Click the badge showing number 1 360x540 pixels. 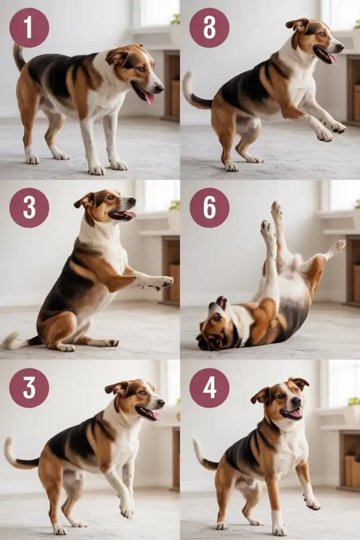point(29,28)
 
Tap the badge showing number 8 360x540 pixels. point(209,28)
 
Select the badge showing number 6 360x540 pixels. point(209,208)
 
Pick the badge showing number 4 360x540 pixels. point(209,388)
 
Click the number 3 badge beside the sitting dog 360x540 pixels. point(29,208)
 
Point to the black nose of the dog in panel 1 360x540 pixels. point(159,87)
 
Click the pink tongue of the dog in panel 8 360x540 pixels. point(332,58)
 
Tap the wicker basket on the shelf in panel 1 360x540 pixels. point(175,98)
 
